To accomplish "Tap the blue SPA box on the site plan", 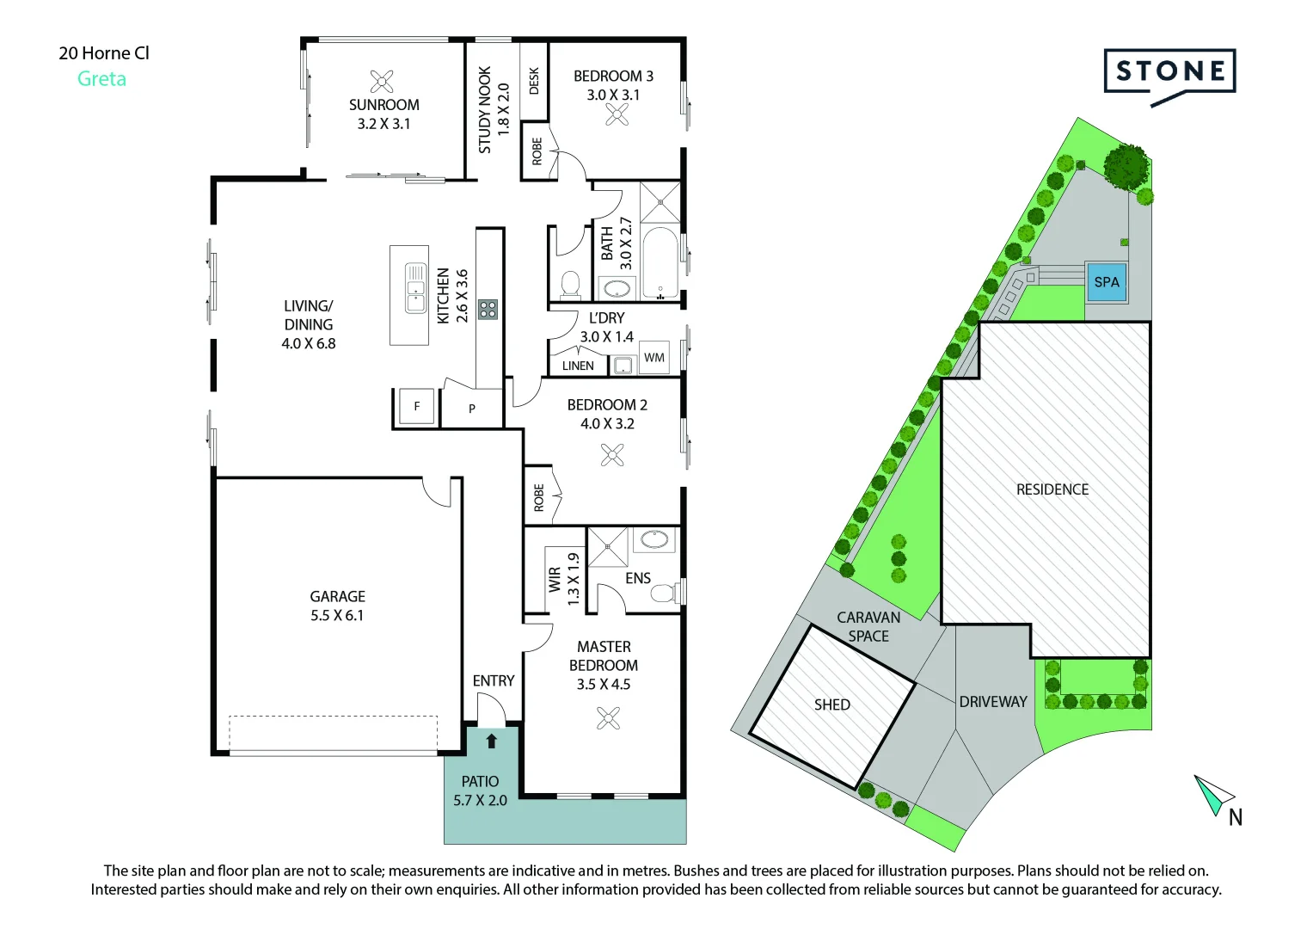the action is tap(1107, 282).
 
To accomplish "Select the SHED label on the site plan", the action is tap(831, 704).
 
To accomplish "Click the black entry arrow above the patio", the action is tap(491, 741).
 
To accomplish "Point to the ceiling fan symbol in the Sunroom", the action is tap(382, 82).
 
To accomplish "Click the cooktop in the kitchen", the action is tap(488, 309).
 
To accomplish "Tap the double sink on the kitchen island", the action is tap(415, 288).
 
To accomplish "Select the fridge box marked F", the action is tap(417, 406).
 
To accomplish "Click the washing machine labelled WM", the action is tap(654, 357).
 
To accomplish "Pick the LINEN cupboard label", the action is tap(578, 366).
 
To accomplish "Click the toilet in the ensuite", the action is tap(664, 593).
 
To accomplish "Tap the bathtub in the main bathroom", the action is tap(660, 263).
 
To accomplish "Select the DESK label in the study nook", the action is tap(534, 81).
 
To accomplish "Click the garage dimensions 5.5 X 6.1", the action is tap(337, 615).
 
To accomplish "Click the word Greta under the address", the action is tap(102, 78).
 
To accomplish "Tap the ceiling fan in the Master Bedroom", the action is tap(608, 718).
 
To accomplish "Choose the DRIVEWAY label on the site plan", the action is tap(993, 701).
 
